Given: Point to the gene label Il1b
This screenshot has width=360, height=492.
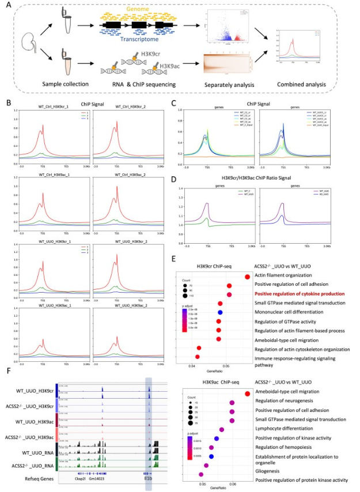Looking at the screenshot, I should tap(149, 478).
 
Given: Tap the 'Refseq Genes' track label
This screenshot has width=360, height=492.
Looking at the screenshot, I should tap(37, 477).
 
